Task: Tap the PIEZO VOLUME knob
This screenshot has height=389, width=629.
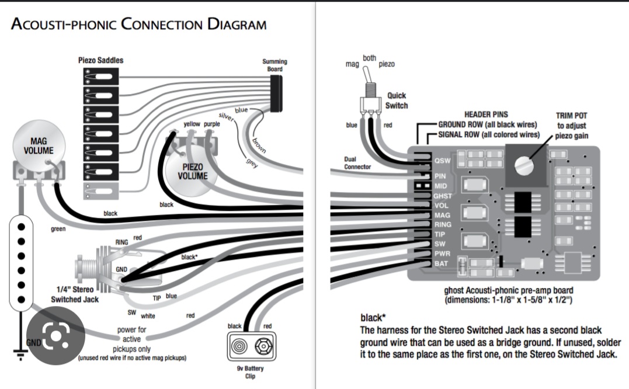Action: tap(192, 170)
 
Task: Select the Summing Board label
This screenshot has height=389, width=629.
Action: tap(274, 65)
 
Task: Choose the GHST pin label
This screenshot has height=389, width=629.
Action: tap(442, 196)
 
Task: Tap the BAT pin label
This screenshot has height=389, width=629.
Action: tap(441, 263)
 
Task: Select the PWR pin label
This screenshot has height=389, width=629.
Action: tap(442, 254)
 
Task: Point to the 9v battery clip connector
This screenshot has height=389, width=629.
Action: tap(249, 347)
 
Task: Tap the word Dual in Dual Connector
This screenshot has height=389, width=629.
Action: tap(350, 158)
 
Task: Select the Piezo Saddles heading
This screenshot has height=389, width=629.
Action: tap(100, 60)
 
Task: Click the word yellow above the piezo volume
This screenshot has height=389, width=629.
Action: tap(192, 124)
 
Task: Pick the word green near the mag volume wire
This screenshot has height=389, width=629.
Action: tap(58, 229)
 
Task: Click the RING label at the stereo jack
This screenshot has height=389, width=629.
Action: tap(121, 241)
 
